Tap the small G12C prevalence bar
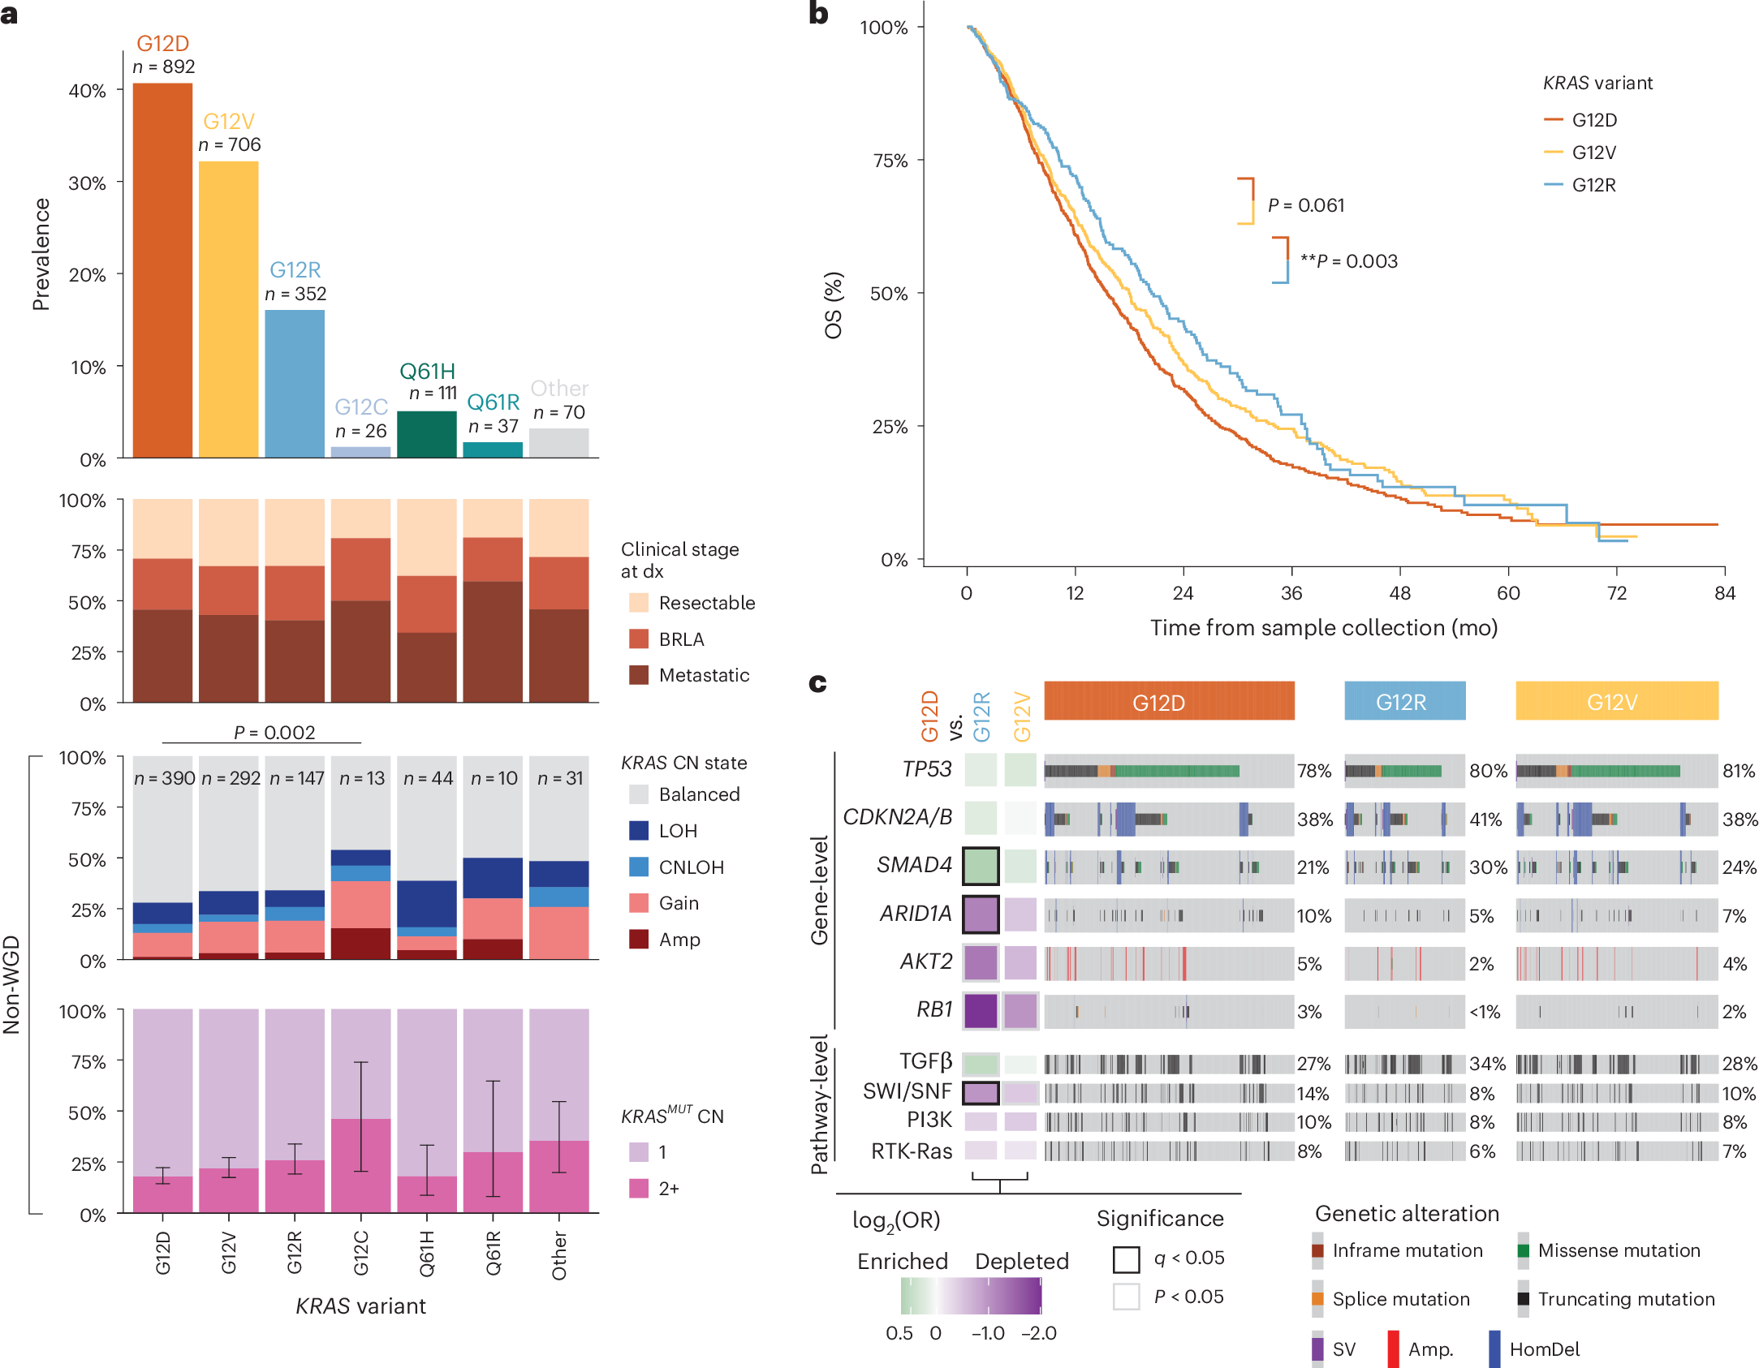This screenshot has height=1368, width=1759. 360,452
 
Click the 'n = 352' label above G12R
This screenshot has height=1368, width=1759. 295,294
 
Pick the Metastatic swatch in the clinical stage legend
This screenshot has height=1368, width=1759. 639,675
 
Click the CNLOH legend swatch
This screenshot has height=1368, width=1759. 639,867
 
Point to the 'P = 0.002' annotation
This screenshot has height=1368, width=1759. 274,732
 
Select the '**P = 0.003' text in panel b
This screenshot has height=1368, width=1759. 1348,261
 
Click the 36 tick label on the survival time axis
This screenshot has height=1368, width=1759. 1291,593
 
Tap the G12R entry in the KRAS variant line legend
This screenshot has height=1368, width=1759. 1593,185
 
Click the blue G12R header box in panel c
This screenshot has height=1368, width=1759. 1404,701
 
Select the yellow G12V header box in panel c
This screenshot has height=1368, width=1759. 1616,701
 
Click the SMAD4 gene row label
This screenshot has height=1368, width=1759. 914,865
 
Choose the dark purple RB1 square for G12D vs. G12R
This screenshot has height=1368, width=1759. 981,1011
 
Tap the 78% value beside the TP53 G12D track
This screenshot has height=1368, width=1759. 1314,771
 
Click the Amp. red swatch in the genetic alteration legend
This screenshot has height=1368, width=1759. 1393,1349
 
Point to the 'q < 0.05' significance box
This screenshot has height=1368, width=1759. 1126,1259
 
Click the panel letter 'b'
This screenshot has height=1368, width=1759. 818,14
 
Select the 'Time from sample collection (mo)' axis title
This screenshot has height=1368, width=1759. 1324,628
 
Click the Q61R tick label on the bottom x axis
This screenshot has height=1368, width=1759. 493,1253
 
